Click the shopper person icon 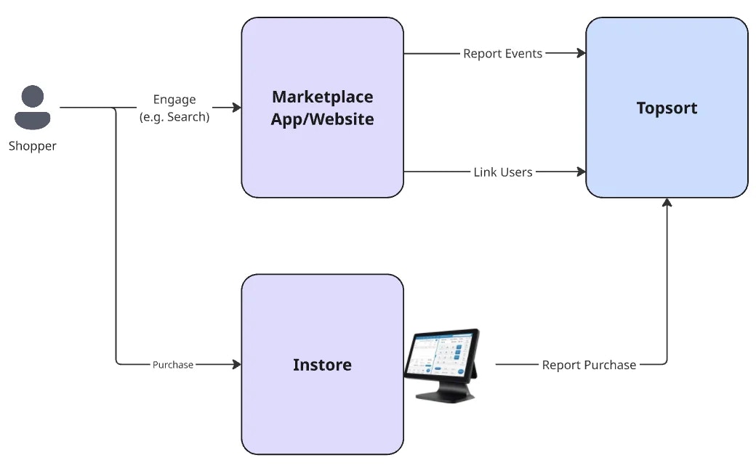click(x=33, y=108)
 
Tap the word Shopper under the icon click(x=33, y=146)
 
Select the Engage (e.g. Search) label click(x=174, y=108)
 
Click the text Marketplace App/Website click(x=322, y=108)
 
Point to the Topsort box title click(x=667, y=108)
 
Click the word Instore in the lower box click(x=322, y=364)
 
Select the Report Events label click(x=502, y=53)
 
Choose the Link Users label click(x=502, y=172)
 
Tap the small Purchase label click(x=173, y=364)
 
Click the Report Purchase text click(x=589, y=364)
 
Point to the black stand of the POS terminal click(x=445, y=393)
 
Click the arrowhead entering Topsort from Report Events click(x=581, y=53)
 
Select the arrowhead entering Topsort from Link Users click(x=581, y=172)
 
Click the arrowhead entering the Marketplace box click(x=236, y=108)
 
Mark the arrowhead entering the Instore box click(x=236, y=364)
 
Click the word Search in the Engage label click(x=187, y=116)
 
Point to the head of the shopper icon click(x=33, y=95)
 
